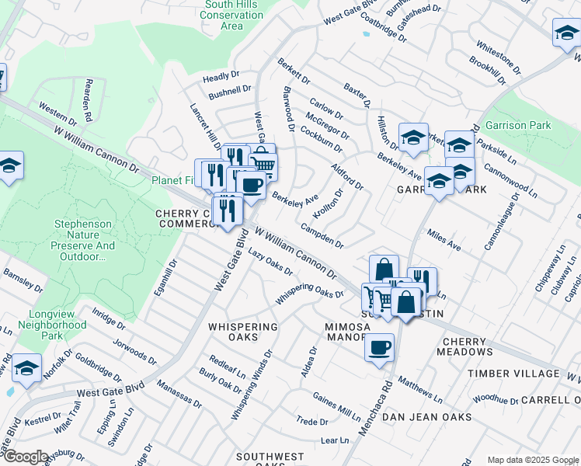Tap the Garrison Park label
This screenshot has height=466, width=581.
coord(518,125)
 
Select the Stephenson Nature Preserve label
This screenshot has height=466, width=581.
coord(84,240)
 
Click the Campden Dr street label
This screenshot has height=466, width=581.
coord(322,236)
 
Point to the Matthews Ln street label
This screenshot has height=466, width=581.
coord(419,387)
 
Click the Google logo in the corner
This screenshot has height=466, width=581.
coord(25,457)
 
